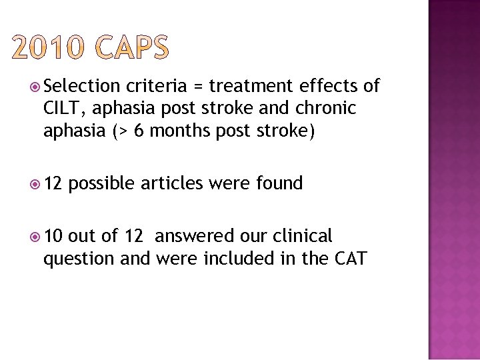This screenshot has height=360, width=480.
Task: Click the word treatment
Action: [251, 86]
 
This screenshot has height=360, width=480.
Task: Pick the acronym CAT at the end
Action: [349, 258]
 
